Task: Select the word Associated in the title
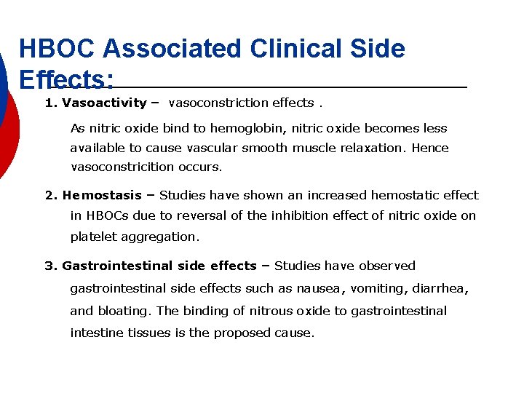coord(172,49)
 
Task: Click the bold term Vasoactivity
coord(105,103)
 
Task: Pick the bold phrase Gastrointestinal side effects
coord(159,266)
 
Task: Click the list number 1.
coord(50,103)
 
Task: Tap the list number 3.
coord(50,266)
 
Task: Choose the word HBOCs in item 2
coord(103,215)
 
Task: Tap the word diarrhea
coord(439,288)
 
